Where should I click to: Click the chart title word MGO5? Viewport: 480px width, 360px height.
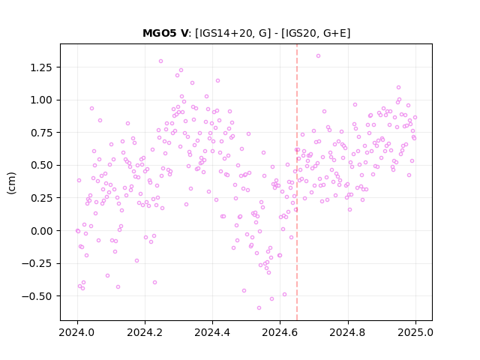click(x=160, y=33)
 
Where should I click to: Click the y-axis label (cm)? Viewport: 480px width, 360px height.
click(x=11, y=183)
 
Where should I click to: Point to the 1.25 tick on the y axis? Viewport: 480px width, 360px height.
click(x=41, y=67)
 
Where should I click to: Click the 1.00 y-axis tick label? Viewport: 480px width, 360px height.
click(x=41, y=100)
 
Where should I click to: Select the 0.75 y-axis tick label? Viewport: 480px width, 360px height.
click(x=41, y=133)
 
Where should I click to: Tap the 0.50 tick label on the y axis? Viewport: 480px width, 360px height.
click(x=41, y=165)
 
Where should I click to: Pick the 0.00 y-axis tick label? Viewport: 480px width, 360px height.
click(x=41, y=231)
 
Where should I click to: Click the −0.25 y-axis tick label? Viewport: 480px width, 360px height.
click(x=37, y=263)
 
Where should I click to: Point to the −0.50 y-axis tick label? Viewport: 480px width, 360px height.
click(x=37, y=296)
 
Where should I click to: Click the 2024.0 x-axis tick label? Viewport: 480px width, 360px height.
click(x=77, y=332)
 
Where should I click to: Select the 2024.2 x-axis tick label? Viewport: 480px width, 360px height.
click(x=145, y=332)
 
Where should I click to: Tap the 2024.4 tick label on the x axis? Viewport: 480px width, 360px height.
click(x=212, y=332)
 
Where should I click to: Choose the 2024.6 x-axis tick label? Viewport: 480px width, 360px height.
click(x=280, y=332)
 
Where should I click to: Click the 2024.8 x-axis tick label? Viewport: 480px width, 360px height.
click(x=348, y=332)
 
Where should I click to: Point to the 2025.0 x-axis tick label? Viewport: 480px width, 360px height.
click(x=415, y=332)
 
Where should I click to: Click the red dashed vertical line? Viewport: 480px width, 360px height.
click(x=297, y=182)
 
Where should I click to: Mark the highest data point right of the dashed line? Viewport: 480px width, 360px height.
click(x=318, y=56)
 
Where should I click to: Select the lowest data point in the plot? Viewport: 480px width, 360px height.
click(x=259, y=308)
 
